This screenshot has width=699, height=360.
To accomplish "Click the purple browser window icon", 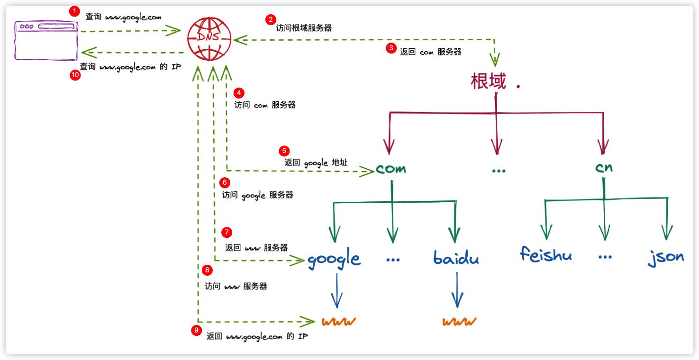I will click(x=46, y=40).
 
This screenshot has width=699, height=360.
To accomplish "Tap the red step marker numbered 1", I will click(x=74, y=11).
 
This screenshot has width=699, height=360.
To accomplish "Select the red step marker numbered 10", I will click(x=75, y=76).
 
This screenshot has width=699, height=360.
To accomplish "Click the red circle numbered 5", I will click(x=284, y=151).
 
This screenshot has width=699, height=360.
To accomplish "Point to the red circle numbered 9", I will click(x=197, y=331).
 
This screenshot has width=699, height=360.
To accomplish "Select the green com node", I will click(x=391, y=169).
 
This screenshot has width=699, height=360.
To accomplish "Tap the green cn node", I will click(x=603, y=167).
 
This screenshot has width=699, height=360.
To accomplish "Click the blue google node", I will click(x=334, y=259).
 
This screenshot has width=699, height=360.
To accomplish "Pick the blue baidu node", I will click(x=456, y=258).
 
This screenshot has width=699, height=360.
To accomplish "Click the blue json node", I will click(x=666, y=256).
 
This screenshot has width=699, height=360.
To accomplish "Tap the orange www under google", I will click(x=339, y=322).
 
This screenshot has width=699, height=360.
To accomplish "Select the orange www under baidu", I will click(x=459, y=322).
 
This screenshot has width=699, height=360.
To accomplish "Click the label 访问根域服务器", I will click(x=304, y=28).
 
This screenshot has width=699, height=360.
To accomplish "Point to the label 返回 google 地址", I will click(x=316, y=162).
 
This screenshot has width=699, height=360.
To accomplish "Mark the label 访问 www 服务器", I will click(x=236, y=287).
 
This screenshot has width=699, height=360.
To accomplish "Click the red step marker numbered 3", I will click(x=391, y=48).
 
